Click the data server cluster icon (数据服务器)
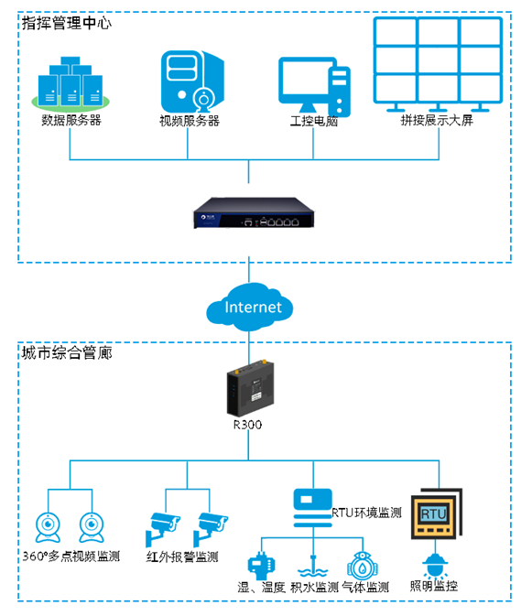tap(71, 83)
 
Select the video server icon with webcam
tap(192, 81)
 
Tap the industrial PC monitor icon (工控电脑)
tap(314, 86)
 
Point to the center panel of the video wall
tap(438, 59)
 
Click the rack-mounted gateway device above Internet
tap(254, 212)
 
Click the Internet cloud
tap(249, 307)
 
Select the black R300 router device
tap(250, 388)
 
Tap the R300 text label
tap(247, 425)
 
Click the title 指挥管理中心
tap(67, 23)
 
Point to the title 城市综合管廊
tap(67, 352)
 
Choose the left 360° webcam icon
tap(48, 527)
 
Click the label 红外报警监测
tap(182, 557)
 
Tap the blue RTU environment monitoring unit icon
tap(313, 508)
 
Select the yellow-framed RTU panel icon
tap(436, 513)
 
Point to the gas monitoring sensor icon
tap(363, 566)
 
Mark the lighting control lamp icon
tap(435, 566)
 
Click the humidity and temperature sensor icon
tap(261, 566)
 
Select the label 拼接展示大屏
tap(437, 120)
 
